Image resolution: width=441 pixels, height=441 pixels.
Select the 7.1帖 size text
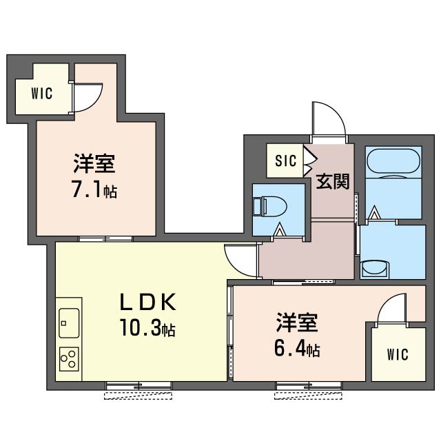click(94, 189)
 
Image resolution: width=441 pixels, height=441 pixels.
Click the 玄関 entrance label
click(332, 181)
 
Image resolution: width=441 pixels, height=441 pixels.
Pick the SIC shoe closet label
click(285, 161)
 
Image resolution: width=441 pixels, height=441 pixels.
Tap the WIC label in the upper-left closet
click(42, 93)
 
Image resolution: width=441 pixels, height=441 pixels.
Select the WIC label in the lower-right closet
click(397, 355)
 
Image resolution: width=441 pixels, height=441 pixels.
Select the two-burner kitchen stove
click(69, 358)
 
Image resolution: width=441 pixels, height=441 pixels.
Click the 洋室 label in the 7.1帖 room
click(94, 165)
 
